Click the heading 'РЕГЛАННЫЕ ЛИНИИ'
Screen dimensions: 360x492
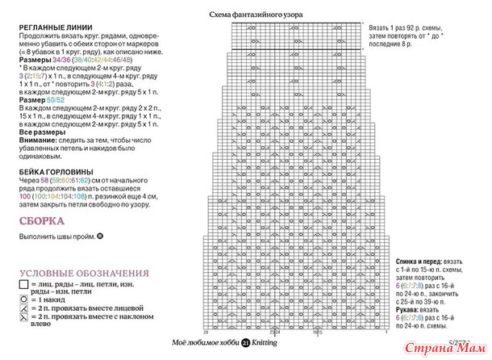click(x=49, y=27)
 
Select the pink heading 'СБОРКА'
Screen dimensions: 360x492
click(x=39, y=220)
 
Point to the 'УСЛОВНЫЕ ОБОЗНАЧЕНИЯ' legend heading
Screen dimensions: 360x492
click(x=85, y=274)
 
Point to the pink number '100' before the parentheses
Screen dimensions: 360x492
click(x=24, y=196)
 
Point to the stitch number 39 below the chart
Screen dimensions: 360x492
click(x=206, y=332)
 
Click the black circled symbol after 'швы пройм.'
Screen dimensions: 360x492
click(x=99, y=236)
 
